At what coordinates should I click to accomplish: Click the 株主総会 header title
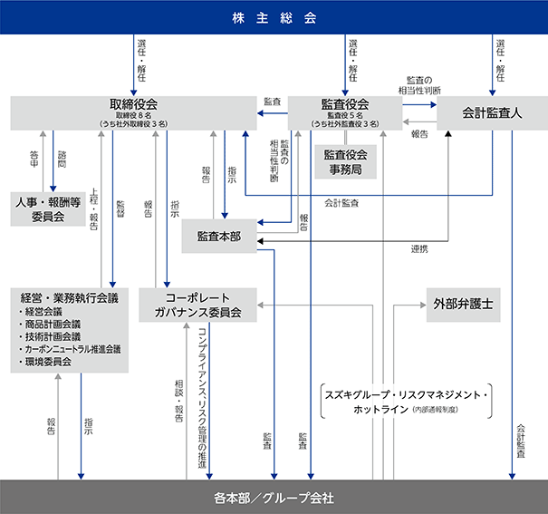click(274, 18)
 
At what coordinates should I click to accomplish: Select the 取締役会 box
click(133, 113)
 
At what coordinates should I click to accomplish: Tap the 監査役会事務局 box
click(346, 162)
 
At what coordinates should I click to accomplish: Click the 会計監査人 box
click(492, 113)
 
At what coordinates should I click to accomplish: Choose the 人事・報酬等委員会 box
click(48, 209)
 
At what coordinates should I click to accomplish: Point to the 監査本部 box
click(219, 237)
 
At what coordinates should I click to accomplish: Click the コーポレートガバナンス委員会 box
click(197, 305)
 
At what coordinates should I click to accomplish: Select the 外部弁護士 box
click(464, 305)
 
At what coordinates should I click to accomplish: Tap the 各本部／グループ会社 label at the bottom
click(274, 498)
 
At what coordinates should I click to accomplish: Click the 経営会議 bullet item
click(41, 312)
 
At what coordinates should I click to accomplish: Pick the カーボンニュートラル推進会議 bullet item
click(70, 349)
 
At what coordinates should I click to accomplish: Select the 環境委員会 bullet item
click(45, 362)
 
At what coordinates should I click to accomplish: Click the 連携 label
click(419, 249)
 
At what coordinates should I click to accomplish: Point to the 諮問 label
click(62, 160)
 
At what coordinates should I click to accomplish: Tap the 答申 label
click(34, 160)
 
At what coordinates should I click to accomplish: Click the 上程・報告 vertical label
click(93, 209)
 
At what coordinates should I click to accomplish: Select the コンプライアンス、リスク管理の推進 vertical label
click(202, 398)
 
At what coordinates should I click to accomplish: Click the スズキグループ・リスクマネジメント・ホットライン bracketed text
click(406, 402)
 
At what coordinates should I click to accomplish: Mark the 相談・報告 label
click(179, 401)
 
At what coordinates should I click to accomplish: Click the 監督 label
click(120, 209)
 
